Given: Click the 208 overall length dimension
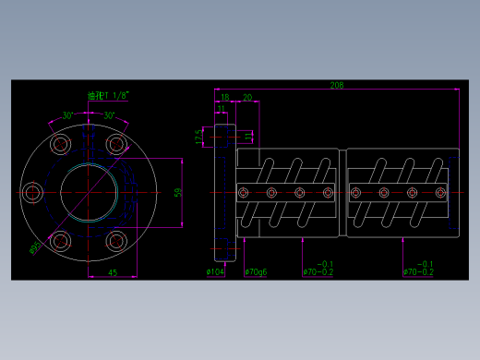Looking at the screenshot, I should click(336, 85).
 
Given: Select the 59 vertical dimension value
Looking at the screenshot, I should click(179, 192).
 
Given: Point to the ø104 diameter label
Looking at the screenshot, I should click(216, 271).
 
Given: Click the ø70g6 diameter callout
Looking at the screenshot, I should click(257, 271).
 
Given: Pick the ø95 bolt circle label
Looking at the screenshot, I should click(35, 247).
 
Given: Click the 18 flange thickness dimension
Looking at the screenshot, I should click(224, 97).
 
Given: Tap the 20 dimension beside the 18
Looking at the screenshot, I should click(247, 97).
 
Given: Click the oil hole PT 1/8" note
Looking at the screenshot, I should click(107, 95).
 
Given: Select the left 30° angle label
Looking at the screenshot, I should click(68, 115).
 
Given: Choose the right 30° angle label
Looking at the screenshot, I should click(109, 115).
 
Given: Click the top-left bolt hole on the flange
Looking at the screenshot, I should click(62, 144).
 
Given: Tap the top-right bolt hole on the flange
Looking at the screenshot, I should click(115, 144).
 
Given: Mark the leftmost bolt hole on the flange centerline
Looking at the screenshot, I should click(34, 192).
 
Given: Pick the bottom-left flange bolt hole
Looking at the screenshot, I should click(62, 241).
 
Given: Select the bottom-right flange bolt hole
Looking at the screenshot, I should click(115, 241).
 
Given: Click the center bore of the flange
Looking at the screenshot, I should click(89, 192).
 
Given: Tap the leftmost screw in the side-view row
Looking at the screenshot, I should click(244, 192).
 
